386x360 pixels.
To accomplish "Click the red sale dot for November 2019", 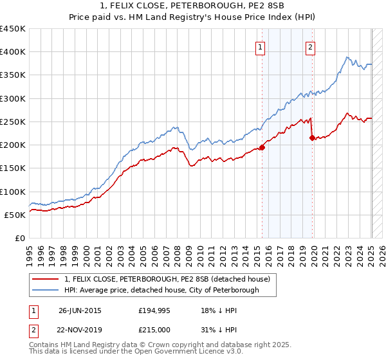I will [x=312, y=138].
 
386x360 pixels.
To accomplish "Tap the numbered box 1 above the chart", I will [x=260, y=46].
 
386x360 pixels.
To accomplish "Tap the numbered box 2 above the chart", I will [x=310, y=46].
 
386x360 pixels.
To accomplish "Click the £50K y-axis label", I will [x=15, y=215].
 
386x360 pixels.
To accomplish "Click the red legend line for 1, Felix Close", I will [x=46, y=279].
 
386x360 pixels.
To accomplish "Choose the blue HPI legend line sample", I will [x=46, y=290].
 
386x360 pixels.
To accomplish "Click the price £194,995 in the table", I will [x=155, y=310].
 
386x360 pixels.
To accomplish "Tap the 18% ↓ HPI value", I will [x=219, y=310].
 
